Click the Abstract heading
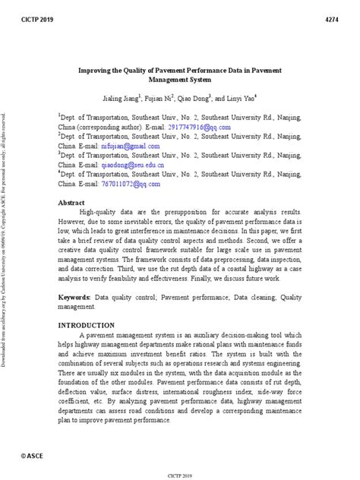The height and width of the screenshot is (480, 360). pyautogui.click(x=72, y=203)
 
